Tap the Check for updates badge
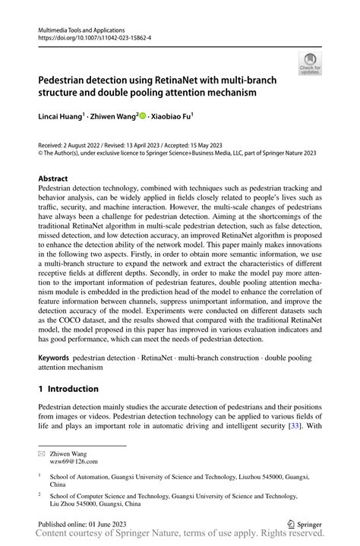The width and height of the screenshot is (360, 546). (309, 65)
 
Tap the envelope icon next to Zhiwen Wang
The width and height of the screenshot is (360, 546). (43, 450)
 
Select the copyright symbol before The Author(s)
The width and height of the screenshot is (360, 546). (41, 153)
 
